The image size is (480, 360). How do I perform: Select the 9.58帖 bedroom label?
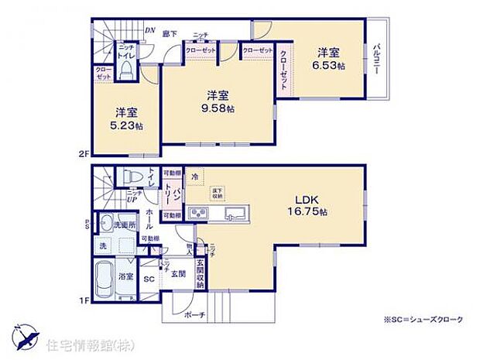tap(217, 101)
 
